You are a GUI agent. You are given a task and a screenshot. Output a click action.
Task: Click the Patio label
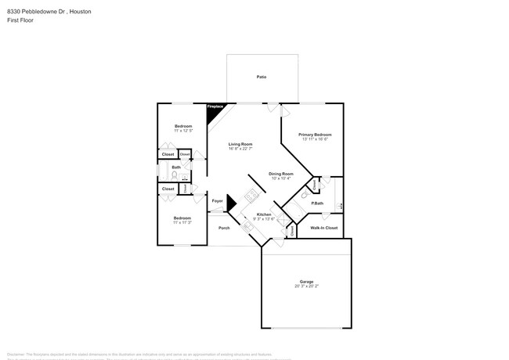pyautogui.click(x=261, y=77)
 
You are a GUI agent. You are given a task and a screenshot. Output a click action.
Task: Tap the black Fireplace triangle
pyautogui.click(x=212, y=113)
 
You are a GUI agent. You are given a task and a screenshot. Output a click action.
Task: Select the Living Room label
pyautogui.click(x=240, y=144)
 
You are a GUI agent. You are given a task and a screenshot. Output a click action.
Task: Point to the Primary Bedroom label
pyautogui.click(x=315, y=135)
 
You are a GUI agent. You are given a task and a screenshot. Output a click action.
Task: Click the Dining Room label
pyautogui.click(x=280, y=174)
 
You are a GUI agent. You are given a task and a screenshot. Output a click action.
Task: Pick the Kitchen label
pyautogui.click(x=264, y=214)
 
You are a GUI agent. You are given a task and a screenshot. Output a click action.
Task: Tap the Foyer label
pyautogui.click(x=217, y=201)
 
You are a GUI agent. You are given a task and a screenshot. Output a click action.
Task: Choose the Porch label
pyautogui.click(x=224, y=228)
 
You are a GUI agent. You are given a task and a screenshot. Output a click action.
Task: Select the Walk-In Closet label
pyautogui.click(x=323, y=228)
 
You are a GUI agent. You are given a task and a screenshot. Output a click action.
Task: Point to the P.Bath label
pyautogui.click(x=317, y=203)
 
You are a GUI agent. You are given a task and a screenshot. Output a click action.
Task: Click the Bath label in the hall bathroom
pyautogui.click(x=176, y=167)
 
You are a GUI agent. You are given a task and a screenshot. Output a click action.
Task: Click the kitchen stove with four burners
pyautogui.click(x=251, y=194)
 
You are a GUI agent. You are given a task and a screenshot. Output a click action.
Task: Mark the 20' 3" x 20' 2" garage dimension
pyautogui.click(x=306, y=287)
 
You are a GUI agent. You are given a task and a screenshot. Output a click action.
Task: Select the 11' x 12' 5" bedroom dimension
pyautogui.click(x=182, y=131)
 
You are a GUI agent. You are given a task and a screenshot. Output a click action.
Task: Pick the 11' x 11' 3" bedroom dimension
pyautogui.click(x=182, y=223)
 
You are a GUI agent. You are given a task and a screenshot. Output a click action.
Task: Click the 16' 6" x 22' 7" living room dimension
pyautogui.click(x=240, y=149)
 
